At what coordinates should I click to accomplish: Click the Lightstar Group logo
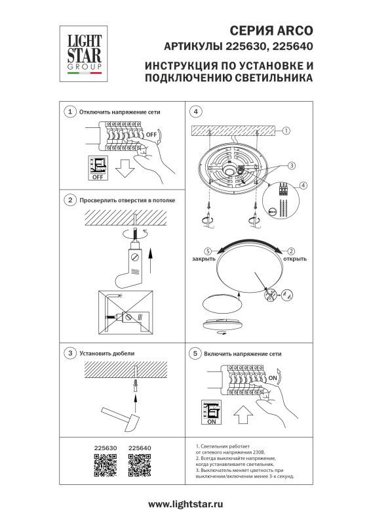click(x=81, y=51)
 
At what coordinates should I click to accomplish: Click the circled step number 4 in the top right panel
click(x=195, y=112)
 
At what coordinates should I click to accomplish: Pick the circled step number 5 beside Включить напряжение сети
click(x=195, y=353)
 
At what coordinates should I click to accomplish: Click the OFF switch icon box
click(x=97, y=168)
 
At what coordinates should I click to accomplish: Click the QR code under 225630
click(x=105, y=468)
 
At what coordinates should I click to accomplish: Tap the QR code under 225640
click(x=139, y=468)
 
